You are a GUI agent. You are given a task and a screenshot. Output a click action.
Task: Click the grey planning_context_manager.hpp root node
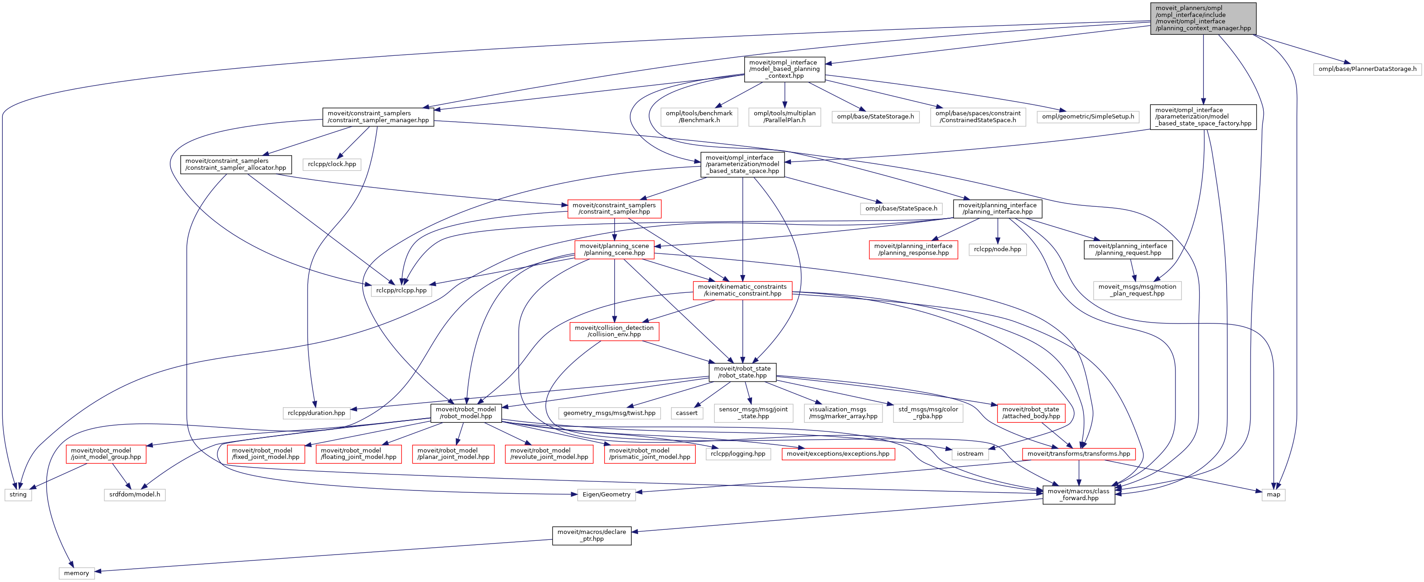1203,18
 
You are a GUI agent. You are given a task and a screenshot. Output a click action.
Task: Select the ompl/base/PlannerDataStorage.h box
1367,69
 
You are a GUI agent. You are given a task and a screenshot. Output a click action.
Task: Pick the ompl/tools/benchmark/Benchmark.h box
699,117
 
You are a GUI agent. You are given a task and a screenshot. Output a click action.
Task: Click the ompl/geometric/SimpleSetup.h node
1088,117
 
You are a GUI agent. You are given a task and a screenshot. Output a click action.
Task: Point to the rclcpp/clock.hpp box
332,164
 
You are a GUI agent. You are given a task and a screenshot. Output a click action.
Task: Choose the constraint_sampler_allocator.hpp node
235,164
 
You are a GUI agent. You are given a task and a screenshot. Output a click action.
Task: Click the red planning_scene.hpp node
614,249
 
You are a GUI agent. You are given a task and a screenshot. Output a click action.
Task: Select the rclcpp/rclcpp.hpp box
401,290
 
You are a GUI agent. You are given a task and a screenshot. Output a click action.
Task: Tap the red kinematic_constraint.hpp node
742,290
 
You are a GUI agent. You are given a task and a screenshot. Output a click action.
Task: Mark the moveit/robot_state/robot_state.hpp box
742,372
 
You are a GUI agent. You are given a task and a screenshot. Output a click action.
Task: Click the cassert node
687,413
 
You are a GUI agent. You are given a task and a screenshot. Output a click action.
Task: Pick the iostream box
970,454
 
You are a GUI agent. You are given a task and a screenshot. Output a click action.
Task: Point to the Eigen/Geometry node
606,495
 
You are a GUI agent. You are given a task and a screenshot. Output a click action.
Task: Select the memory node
76,573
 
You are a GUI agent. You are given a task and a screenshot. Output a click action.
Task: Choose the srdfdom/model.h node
134,495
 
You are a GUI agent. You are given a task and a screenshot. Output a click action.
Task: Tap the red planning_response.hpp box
913,249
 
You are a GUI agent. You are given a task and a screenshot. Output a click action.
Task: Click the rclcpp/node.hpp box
997,249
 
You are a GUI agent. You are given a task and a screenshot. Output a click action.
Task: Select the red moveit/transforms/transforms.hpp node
1078,454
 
